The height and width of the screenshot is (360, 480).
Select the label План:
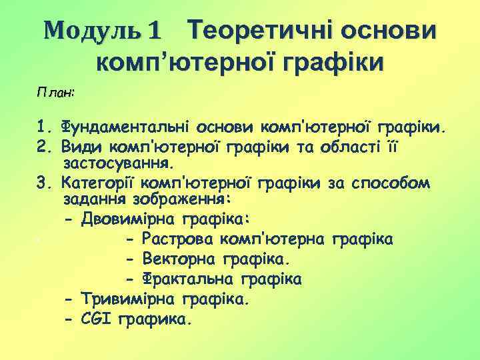[x=55, y=93]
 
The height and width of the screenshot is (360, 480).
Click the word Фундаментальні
[x=125, y=127]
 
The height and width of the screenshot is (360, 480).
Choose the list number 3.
[x=44, y=182]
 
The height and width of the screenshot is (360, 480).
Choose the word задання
[x=92, y=200]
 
